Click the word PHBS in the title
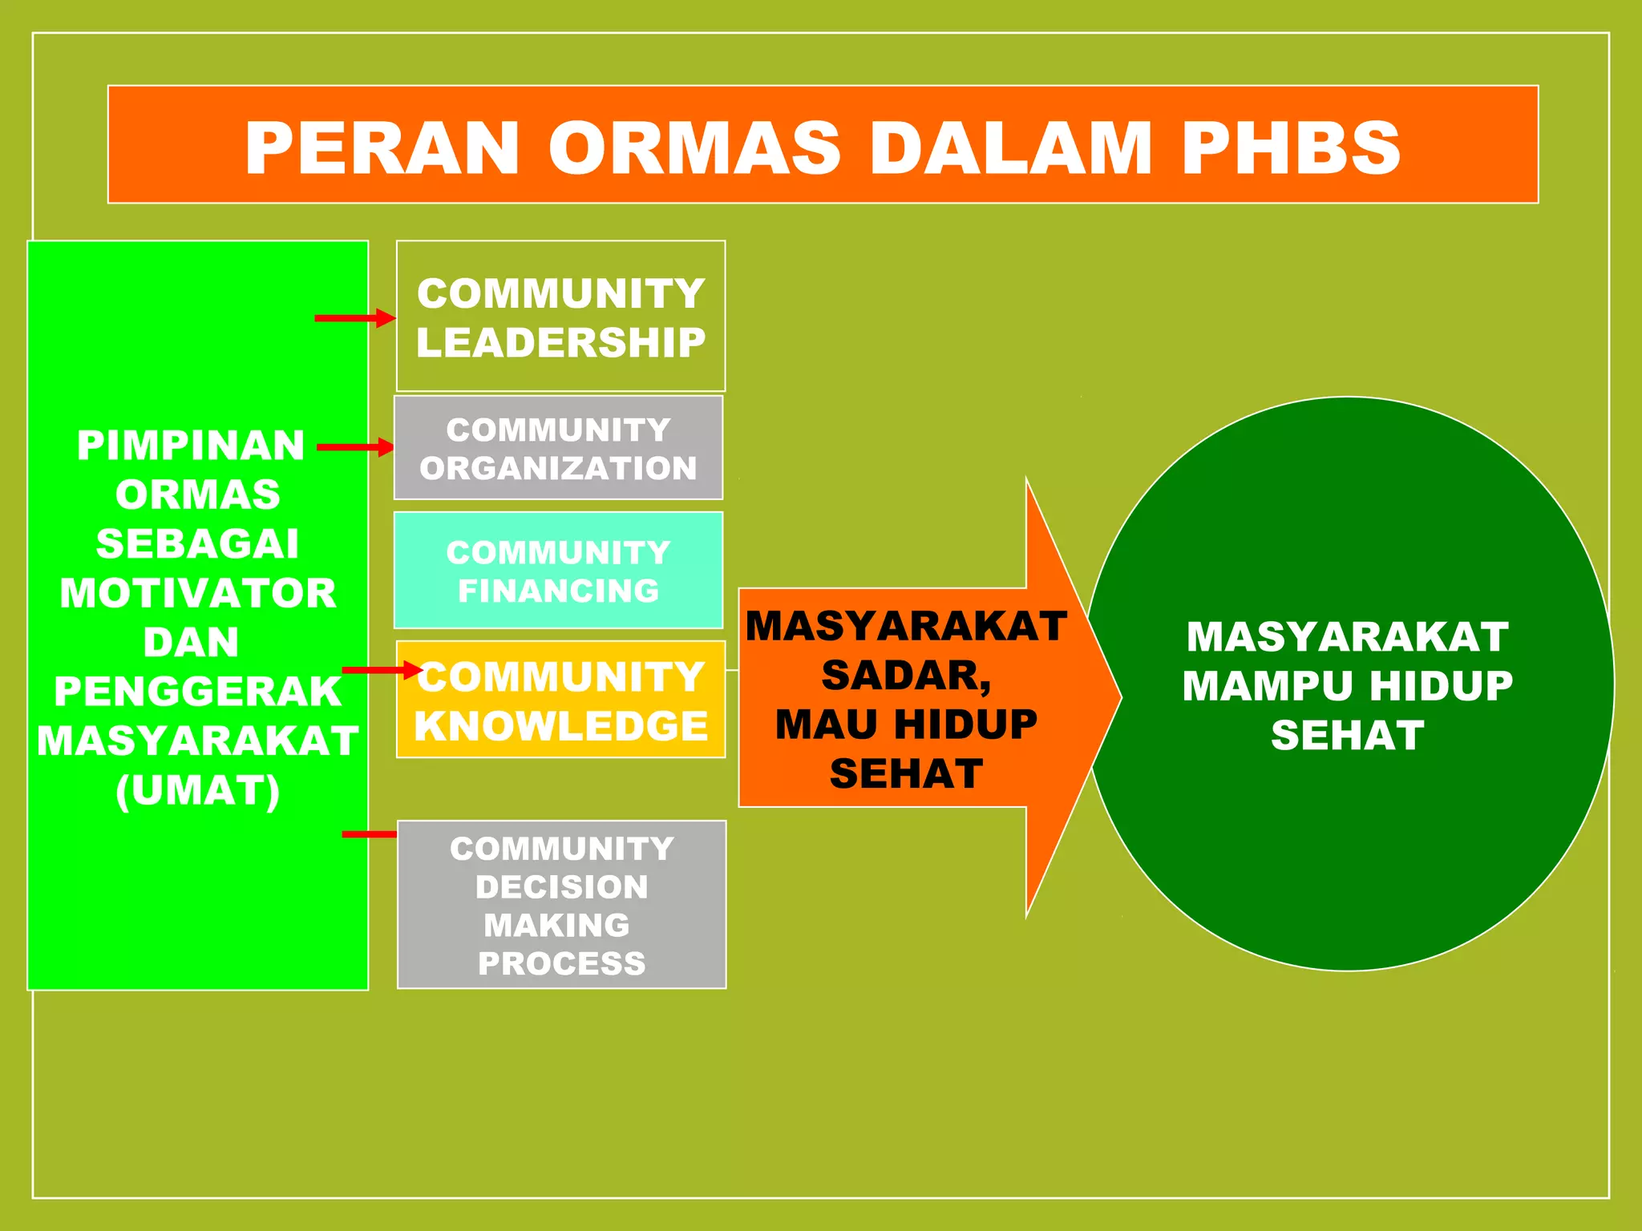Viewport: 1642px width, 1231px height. pos(1290,148)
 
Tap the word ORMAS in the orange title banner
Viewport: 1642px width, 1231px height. pos(694,148)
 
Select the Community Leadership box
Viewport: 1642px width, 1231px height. pos(560,316)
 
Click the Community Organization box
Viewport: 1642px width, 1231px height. pos(558,448)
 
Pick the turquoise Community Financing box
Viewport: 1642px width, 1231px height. pos(558,571)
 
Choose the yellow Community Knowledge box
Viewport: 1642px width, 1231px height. pos(560,700)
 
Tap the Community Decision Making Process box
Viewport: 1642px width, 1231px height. pos(561,905)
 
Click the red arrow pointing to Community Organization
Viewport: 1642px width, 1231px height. pos(355,447)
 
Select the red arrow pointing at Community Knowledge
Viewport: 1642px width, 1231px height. pos(382,669)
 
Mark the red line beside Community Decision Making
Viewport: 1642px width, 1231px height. pos(369,834)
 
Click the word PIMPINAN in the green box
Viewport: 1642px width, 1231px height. pos(191,445)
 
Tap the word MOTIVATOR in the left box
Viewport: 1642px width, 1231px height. pos(198,593)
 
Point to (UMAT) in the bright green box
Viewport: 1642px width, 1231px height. pos(198,790)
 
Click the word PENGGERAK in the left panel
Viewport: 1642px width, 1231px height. pos(198,691)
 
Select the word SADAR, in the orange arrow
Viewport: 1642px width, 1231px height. pos(906,675)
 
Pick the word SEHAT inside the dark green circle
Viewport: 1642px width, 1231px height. pos(1347,735)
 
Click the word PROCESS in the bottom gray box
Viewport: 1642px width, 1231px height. pos(561,963)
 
